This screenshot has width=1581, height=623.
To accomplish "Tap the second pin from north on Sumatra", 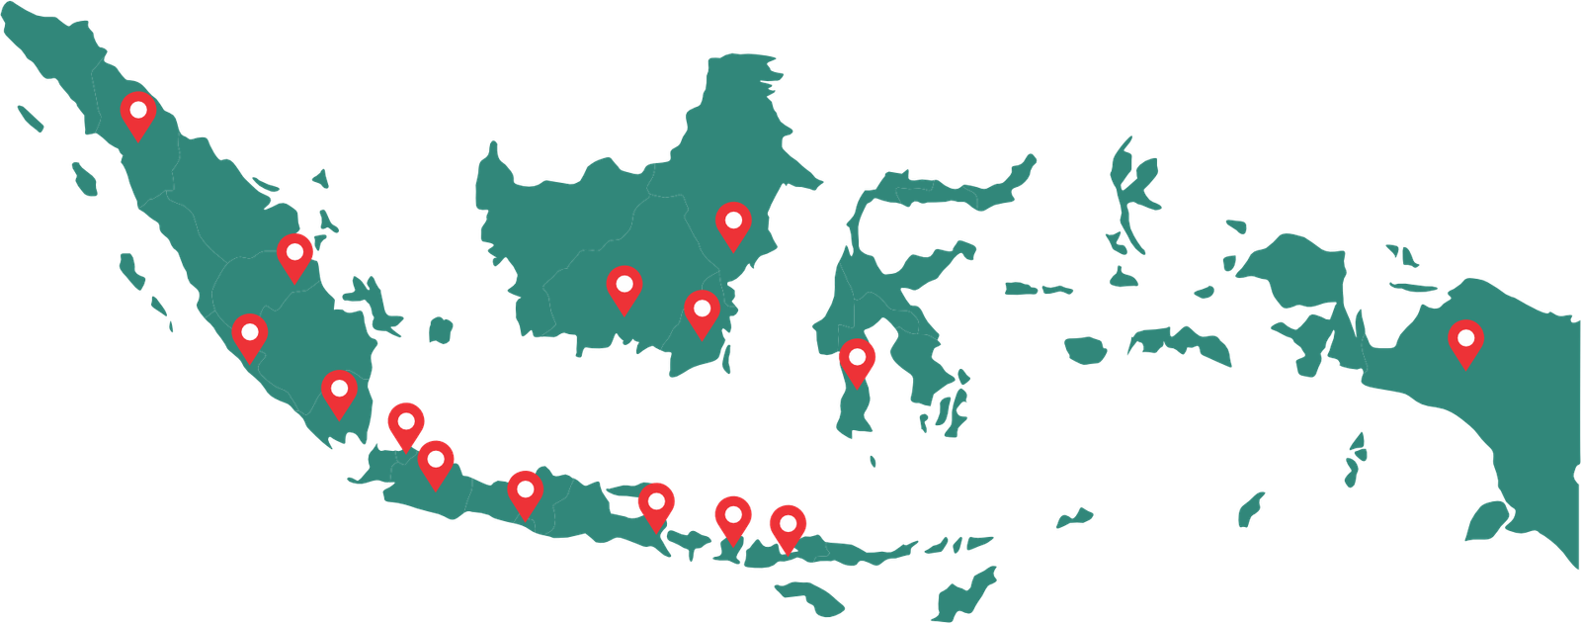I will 294,256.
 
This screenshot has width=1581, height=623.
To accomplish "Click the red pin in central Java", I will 526,492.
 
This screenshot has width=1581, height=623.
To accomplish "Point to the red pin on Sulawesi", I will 857,361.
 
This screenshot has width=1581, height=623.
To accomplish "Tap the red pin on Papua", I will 1466,342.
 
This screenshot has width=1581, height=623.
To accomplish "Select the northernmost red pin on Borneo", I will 733,223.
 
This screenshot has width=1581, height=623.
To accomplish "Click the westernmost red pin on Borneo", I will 624,288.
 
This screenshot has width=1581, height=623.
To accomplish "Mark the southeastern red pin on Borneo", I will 702,312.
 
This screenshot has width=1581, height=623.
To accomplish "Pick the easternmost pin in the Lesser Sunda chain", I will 788,526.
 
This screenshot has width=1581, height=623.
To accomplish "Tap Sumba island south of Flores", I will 810,595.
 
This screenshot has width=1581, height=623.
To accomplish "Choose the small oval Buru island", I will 1085,349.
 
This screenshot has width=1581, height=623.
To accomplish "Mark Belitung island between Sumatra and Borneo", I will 440,328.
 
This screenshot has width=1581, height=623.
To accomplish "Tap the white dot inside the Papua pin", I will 1466,337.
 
